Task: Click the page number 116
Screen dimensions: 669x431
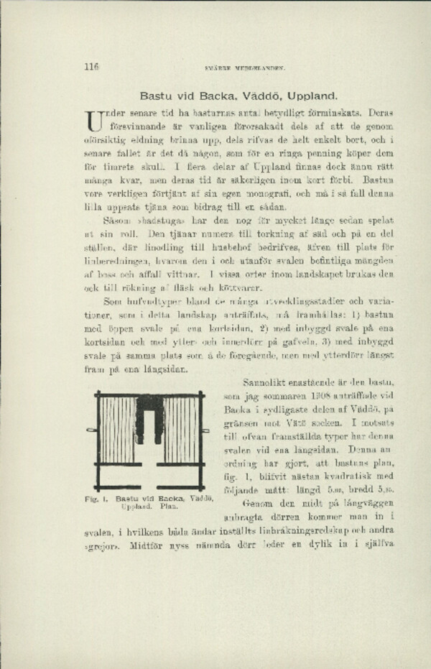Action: coord(91,68)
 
